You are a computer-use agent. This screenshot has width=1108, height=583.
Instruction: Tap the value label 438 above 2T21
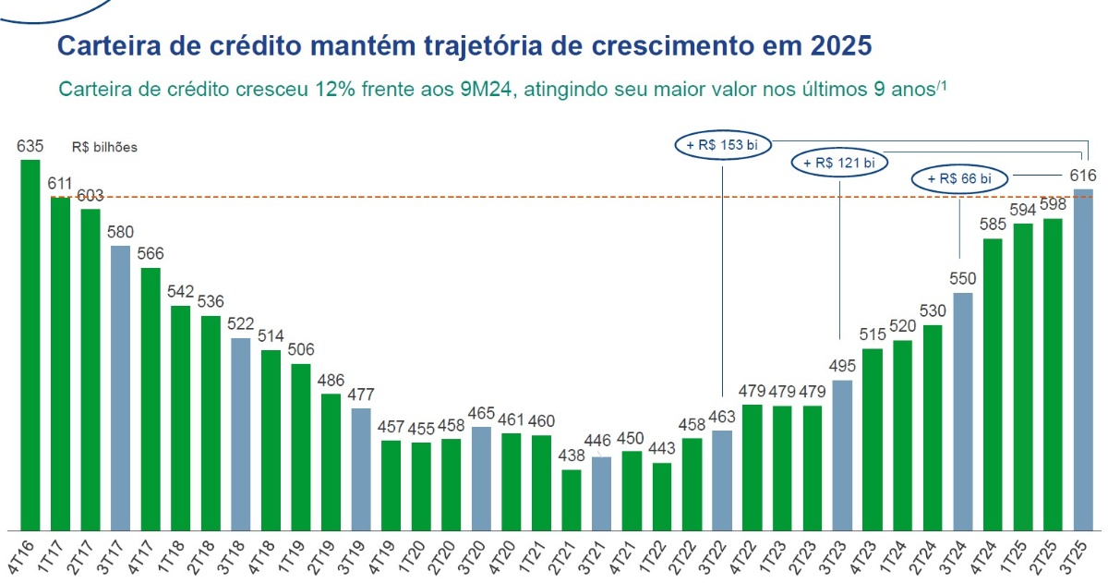(572, 456)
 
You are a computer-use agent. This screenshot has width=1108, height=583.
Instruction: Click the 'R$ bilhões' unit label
(104, 147)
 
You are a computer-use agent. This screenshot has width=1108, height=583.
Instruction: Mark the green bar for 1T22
(661, 495)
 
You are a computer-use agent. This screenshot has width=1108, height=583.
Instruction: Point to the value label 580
(121, 232)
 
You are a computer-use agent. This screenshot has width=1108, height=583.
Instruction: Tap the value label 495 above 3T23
(842, 367)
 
